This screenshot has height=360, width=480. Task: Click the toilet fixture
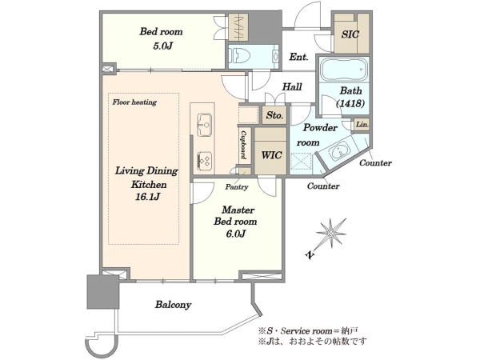(x=242, y=56)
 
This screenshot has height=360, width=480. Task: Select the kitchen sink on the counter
(x=205, y=124)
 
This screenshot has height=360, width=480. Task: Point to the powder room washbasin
(x=339, y=151)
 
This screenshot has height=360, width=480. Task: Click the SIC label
(x=350, y=34)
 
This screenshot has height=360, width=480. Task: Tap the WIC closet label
(x=271, y=155)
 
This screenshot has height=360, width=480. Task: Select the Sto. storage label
(x=274, y=115)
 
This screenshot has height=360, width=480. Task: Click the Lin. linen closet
(x=362, y=125)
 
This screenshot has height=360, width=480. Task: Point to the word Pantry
(x=237, y=186)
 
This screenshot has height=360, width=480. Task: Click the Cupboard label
(x=243, y=145)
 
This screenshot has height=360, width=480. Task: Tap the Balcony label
(x=174, y=305)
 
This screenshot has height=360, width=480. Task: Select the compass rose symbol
(x=330, y=235)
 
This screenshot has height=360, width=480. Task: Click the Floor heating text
(x=134, y=102)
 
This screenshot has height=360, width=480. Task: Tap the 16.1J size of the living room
(x=147, y=197)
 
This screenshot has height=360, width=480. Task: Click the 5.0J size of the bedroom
(x=163, y=46)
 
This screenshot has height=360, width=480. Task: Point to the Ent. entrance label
(x=298, y=57)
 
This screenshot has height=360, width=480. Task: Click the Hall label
(x=292, y=87)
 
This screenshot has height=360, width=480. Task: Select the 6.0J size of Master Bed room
(x=236, y=234)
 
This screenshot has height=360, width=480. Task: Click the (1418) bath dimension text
(x=350, y=104)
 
